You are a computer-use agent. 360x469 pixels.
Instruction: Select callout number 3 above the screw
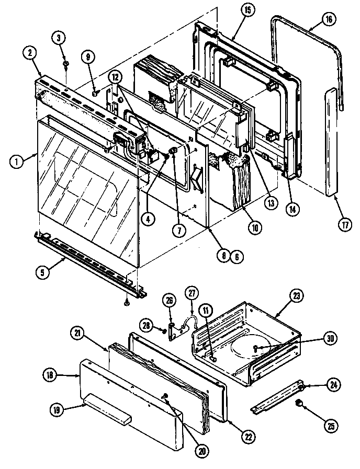(x=59, y=37)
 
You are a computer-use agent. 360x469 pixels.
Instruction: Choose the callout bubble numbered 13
(x=269, y=204)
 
